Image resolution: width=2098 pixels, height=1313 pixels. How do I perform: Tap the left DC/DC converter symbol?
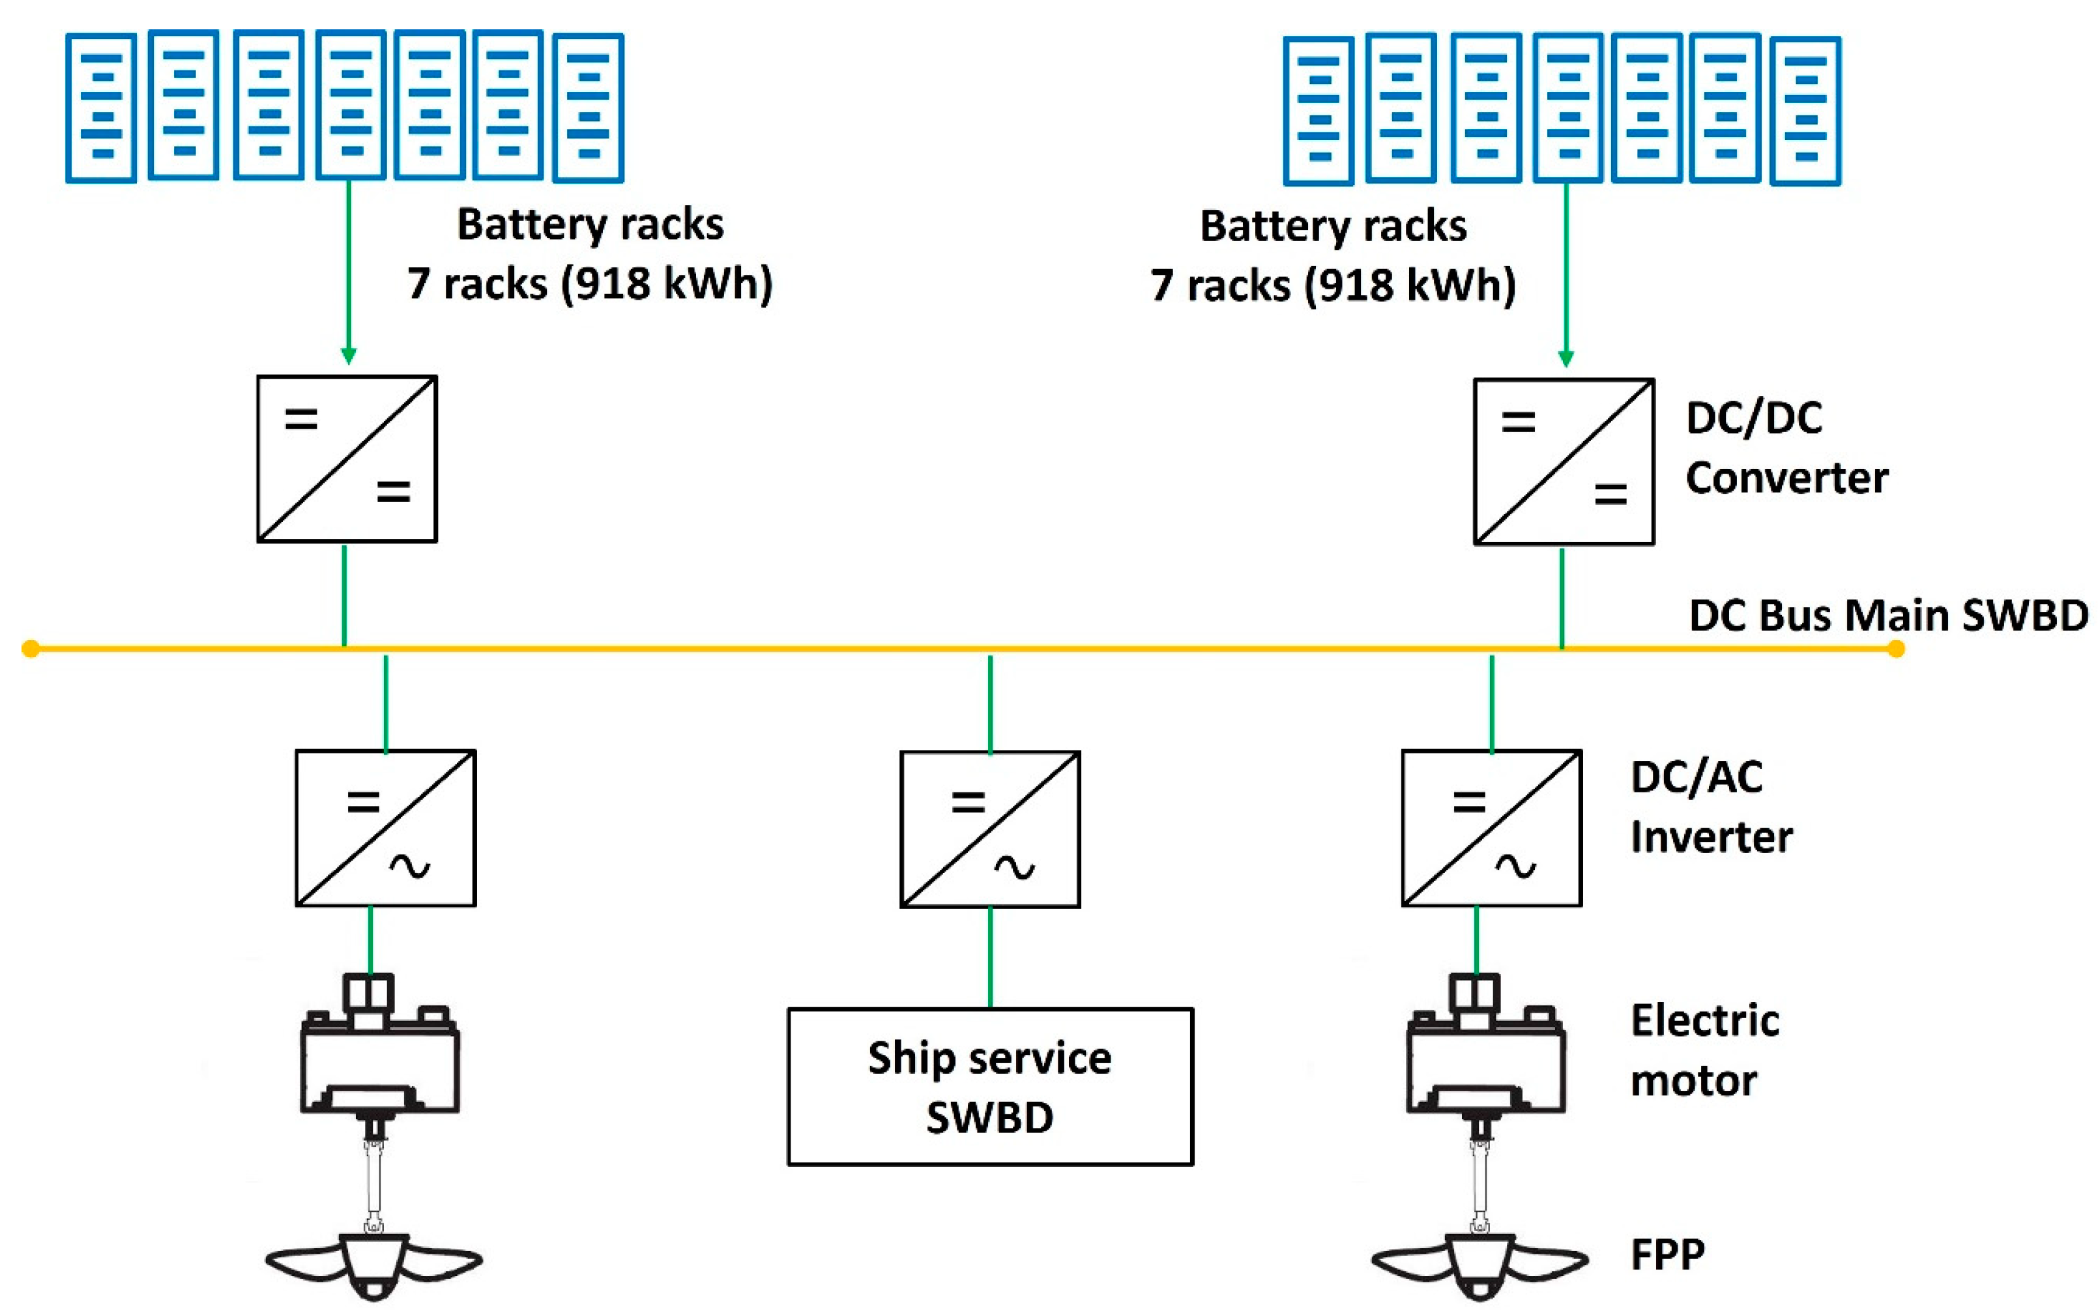[347, 459]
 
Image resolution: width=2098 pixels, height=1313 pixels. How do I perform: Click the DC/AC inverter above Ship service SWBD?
[990, 830]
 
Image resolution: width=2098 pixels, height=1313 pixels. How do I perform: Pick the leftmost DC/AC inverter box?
[386, 828]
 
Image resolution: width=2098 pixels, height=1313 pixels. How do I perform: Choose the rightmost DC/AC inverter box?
[1491, 828]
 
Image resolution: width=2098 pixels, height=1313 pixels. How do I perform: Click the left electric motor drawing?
[379, 1051]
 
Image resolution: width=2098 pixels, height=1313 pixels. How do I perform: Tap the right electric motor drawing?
[1485, 1051]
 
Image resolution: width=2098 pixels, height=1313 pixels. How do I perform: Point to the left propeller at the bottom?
[373, 1263]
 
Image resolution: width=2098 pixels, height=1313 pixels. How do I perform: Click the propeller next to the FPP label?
[1479, 1263]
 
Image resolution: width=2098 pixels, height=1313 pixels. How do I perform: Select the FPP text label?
[1667, 1254]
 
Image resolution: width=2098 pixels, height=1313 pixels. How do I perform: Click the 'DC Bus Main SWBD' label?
[1888, 615]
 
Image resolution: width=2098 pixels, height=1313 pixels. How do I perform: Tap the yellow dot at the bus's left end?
[31, 649]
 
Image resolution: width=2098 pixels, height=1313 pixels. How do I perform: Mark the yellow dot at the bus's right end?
[1896, 649]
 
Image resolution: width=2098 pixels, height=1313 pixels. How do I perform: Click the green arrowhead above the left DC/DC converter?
[348, 355]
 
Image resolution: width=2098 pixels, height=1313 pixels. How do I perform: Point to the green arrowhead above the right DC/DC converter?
[1566, 358]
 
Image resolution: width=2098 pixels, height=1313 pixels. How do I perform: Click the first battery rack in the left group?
[101, 108]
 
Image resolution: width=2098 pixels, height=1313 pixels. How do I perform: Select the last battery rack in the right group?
[1805, 110]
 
